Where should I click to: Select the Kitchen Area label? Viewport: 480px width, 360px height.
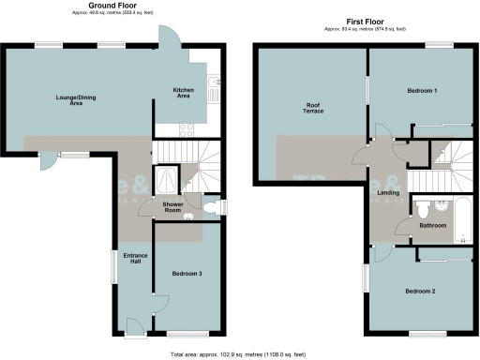(183, 93)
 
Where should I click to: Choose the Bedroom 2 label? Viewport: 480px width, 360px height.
(420, 292)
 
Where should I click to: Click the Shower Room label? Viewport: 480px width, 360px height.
(172, 208)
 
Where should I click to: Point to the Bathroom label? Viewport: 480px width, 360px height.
(432, 226)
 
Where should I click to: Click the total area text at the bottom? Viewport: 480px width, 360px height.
(239, 355)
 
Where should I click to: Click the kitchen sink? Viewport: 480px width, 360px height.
(214, 90)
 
